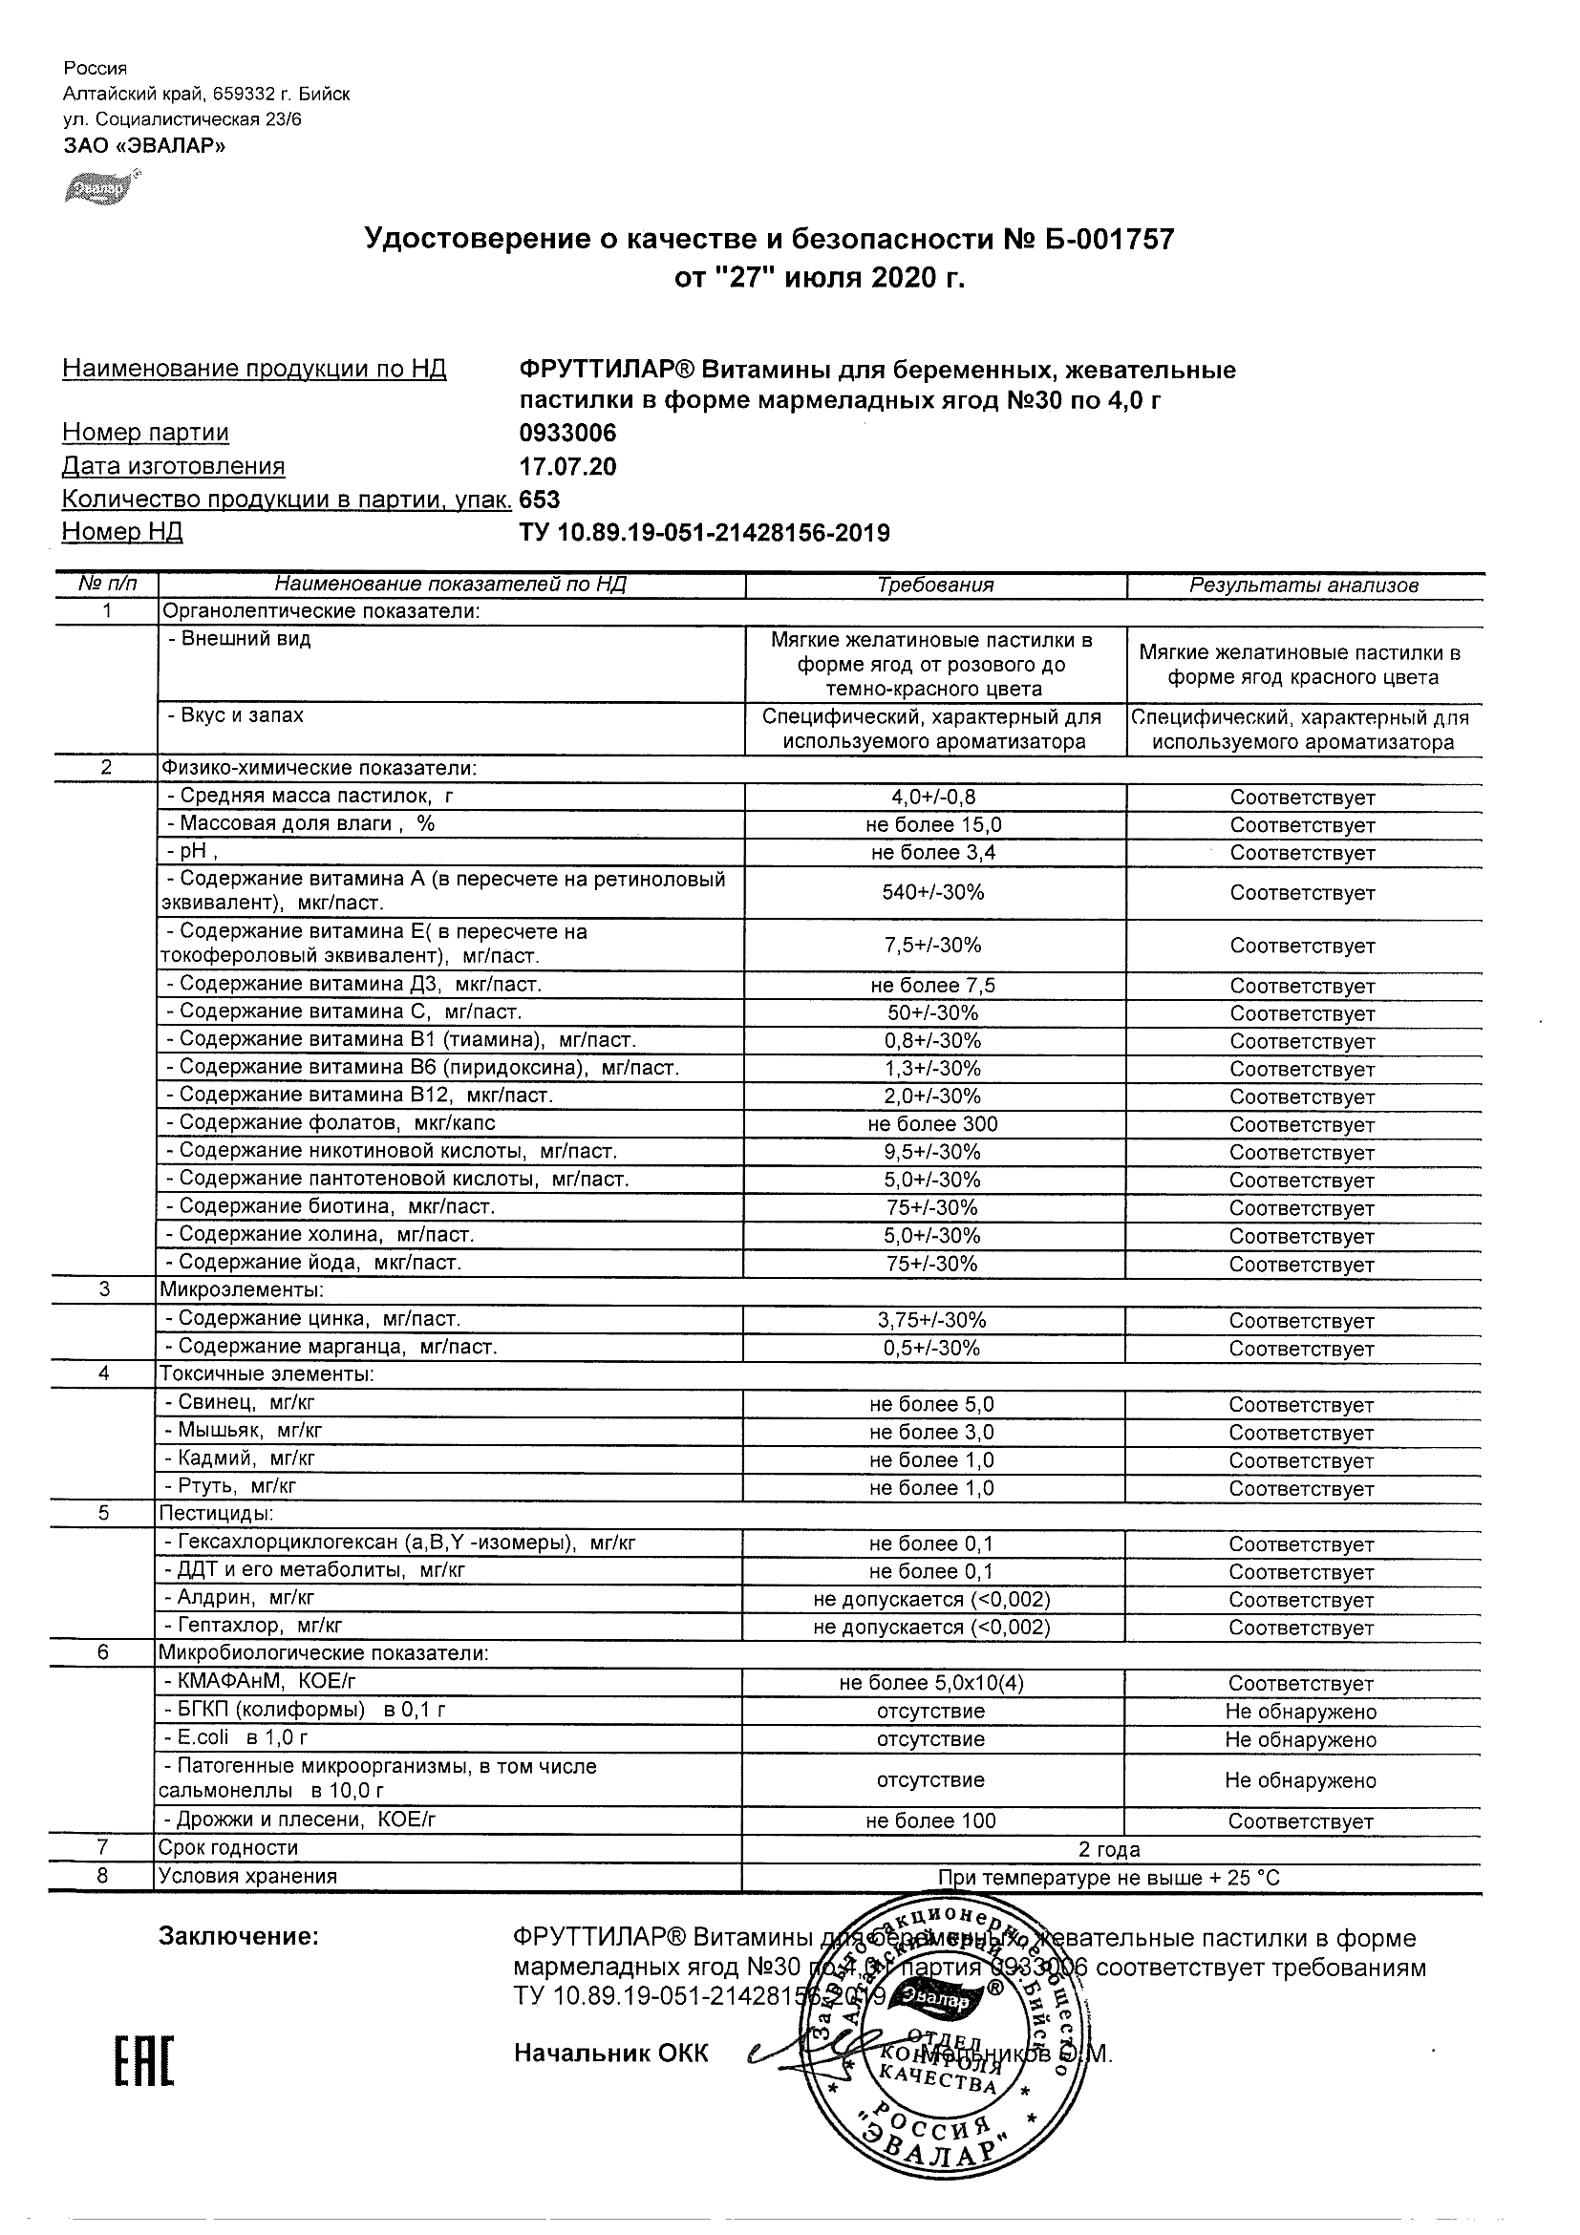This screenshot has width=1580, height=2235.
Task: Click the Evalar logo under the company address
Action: pyautogui.click(x=101, y=188)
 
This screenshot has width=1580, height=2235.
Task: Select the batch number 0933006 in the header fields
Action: pyautogui.click(x=567, y=434)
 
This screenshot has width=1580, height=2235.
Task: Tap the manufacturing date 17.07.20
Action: pyautogui.click(x=567, y=466)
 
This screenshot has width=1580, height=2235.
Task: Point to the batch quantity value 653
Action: pyautogui.click(x=541, y=500)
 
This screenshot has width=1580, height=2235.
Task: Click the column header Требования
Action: pyautogui.click(x=934, y=585)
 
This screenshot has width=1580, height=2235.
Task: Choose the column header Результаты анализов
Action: pyautogui.click(x=1304, y=585)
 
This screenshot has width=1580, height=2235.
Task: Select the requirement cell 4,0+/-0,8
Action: pyautogui.click(x=933, y=798)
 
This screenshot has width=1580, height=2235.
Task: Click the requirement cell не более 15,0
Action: pyautogui.click(x=933, y=824)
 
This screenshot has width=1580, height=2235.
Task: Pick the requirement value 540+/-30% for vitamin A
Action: pyautogui.click(x=933, y=892)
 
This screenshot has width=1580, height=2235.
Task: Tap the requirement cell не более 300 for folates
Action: pyautogui.click(x=932, y=1123)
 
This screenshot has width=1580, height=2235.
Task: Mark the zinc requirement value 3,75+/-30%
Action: pyautogui.click(x=932, y=1320)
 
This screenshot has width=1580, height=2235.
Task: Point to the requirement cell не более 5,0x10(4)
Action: pyautogui.click(x=931, y=1683)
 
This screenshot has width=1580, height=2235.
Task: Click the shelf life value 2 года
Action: pyautogui.click(x=1109, y=1848)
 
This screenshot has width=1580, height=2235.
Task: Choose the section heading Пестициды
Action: pyautogui.click(x=215, y=1514)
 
